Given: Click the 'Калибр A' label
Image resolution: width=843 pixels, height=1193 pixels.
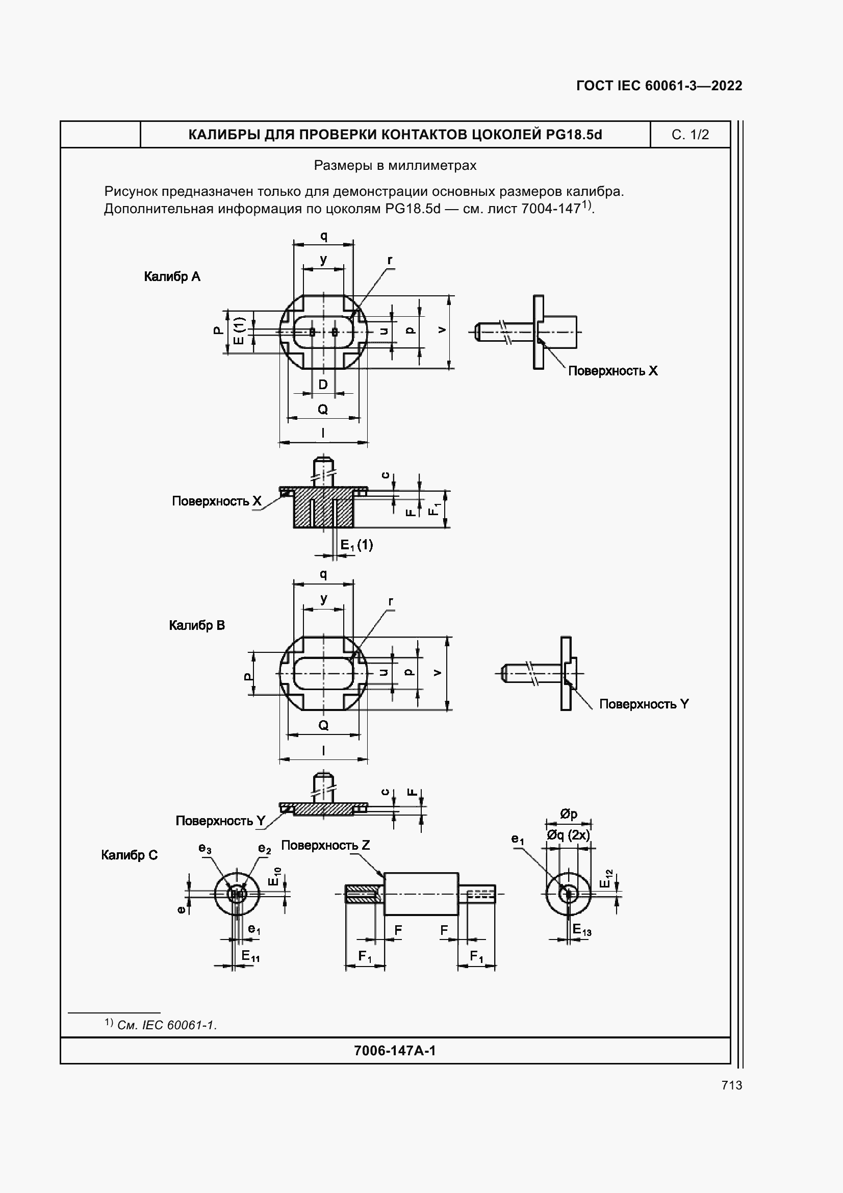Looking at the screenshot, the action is click(172, 276).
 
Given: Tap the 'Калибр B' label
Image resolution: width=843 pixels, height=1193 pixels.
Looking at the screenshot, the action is click(197, 625).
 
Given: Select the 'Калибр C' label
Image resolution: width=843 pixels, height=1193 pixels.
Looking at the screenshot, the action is click(130, 855).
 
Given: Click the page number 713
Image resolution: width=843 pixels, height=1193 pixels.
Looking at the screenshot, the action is click(731, 1085).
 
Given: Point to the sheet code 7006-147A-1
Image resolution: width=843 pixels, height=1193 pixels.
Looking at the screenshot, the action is click(395, 1051).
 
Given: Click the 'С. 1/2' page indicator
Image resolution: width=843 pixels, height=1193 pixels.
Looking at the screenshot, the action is click(690, 135).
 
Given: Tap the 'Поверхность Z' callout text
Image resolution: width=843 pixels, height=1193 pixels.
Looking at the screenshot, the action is click(325, 845).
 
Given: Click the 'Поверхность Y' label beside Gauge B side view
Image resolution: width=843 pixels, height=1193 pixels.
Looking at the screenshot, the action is click(644, 704).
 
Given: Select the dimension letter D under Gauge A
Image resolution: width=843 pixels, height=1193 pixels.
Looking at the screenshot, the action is click(323, 385).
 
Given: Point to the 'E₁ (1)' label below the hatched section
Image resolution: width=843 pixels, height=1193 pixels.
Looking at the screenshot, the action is click(356, 545).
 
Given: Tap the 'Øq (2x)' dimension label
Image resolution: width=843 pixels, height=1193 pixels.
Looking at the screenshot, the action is click(568, 835).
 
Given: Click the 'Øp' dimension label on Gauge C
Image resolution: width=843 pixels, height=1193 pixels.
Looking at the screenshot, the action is click(569, 814).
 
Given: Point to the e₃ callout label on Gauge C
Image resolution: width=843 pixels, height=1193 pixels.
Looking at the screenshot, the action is click(205, 849).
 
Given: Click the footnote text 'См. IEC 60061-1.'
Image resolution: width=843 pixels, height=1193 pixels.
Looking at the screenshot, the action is click(167, 1025).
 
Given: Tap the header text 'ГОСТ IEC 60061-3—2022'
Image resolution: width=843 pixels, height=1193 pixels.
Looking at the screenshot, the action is click(659, 86).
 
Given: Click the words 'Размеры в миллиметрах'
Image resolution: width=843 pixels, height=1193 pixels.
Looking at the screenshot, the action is click(395, 166).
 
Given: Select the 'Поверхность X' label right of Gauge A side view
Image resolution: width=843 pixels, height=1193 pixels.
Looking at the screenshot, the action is click(612, 370).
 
